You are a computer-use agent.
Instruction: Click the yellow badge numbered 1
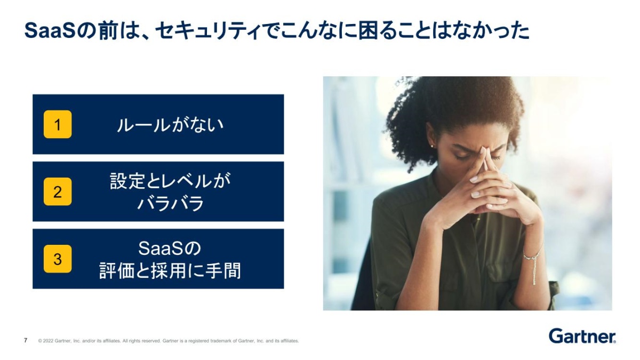point(58,124)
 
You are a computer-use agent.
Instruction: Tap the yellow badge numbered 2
point(58,191)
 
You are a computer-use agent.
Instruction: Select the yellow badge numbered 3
point(58,259)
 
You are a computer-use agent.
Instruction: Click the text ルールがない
point(170,125)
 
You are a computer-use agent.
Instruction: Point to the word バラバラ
point(170,203)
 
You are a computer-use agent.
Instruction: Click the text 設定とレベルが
point(170,181)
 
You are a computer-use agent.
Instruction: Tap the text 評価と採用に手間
point(170,270)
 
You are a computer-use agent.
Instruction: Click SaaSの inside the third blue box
point(170,249)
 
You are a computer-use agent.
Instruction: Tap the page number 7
point(26,340)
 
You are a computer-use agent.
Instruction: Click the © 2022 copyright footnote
point(169,341)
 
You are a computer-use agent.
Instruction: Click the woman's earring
point(431,146)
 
